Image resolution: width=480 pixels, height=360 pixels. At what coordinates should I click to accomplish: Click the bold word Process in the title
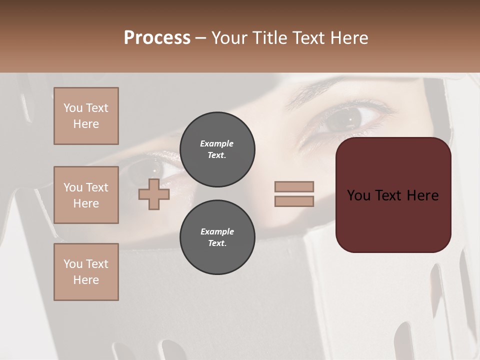tap(157, 38)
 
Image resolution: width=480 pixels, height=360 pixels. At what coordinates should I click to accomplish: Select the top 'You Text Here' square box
tap(86, 116)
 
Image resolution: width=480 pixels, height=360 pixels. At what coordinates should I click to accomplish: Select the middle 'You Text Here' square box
tap(86, 195)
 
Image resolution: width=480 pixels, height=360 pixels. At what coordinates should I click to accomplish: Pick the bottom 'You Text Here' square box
tap(86, 272)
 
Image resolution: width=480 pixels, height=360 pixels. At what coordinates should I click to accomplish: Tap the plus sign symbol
tap(154, 194)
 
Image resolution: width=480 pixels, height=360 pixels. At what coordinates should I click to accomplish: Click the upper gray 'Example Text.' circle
tap(217, 149)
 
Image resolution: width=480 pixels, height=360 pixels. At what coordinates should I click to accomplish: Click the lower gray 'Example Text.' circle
tap(217, 237)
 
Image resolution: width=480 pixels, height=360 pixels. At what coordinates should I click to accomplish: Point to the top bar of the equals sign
tap(294, 186)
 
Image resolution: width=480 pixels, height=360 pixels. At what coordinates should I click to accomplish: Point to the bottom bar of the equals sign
tap(294, 201)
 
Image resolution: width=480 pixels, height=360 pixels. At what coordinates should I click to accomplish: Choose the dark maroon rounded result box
tap(393, 220)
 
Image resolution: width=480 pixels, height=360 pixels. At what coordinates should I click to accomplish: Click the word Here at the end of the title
tap(349, 38)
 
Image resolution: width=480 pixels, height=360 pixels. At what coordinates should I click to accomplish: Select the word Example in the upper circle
tap(217, 143)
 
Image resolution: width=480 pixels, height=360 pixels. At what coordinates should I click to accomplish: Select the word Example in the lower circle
tap(217, 231)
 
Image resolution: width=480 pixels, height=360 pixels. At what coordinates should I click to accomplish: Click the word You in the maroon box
tap(358, 195)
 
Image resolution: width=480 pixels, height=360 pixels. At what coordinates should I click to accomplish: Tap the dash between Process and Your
tap(200, 38)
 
